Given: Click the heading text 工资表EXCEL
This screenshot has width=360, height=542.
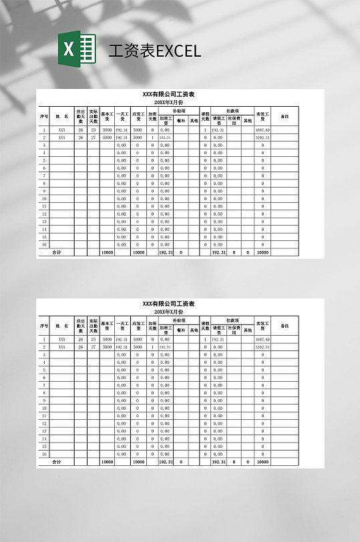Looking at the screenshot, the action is (154, 51).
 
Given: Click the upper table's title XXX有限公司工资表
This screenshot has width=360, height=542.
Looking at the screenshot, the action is (168, 95).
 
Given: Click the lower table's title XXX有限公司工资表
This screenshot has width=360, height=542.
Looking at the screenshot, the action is (168, 304).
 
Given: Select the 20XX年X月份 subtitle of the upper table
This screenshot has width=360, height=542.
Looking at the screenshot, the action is (168, 103).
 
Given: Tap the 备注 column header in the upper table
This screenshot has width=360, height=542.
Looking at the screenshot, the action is (285, 116).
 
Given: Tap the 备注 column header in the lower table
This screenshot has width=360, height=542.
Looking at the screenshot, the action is (285, 326).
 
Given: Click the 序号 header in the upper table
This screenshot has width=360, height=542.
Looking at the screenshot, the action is (44, 116).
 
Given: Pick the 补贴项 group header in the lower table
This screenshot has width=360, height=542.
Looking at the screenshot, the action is (179, 320).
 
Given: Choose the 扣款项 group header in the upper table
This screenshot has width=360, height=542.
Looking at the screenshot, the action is (232, 111).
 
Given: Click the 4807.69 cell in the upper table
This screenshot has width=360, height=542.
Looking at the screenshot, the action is (262, 129).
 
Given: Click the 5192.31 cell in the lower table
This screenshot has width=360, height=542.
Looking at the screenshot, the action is (262, 347).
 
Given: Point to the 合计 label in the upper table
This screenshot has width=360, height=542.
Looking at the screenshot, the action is (57, 252).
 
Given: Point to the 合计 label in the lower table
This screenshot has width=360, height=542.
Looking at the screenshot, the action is (57, 461).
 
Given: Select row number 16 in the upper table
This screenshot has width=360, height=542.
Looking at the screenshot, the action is (44, 244).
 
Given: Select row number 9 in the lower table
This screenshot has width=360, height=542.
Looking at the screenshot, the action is (44, 400).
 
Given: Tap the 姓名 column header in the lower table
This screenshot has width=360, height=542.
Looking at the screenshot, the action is (62, 326).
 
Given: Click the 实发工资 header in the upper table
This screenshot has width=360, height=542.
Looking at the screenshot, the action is (262, 116).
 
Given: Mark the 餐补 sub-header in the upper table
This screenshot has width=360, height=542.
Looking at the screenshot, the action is (180, 121).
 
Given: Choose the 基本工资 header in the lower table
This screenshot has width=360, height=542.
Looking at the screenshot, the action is (107, 326).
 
